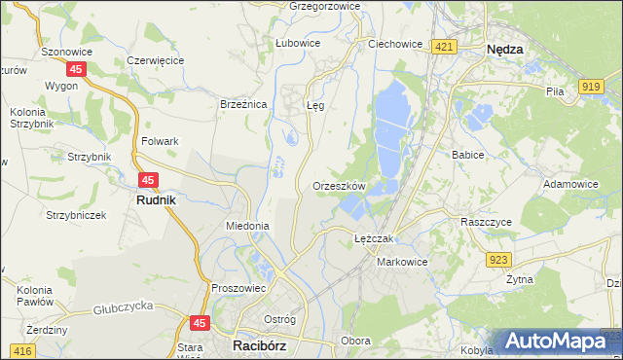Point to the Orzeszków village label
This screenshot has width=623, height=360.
[339, 186]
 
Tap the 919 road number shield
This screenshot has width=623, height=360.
[589, 87]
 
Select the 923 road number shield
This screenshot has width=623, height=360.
[499, 259]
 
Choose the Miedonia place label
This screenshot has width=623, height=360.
[247, 226]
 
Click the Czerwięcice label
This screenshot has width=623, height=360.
[156, 60]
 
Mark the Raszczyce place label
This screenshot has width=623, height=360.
[487, 222]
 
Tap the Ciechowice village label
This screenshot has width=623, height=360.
[395, 44]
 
